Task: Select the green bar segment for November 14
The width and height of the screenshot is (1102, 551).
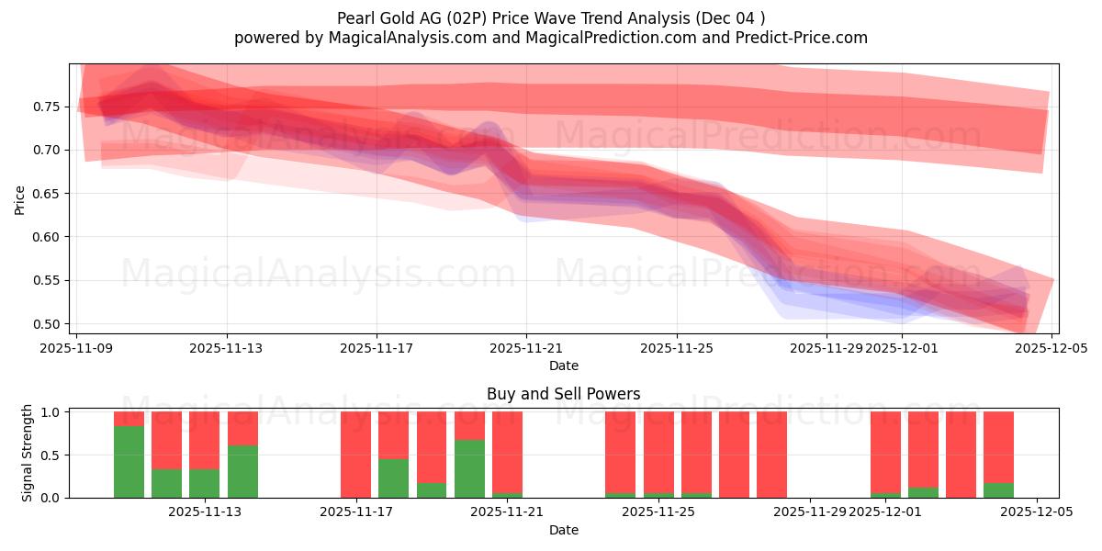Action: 242,471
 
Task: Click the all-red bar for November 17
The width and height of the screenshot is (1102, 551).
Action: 355,455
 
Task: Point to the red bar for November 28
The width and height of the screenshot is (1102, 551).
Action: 771,455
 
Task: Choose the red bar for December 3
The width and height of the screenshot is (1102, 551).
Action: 961,455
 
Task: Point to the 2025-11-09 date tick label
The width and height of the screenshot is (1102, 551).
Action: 77,349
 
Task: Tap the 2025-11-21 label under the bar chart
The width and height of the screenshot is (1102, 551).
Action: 507,512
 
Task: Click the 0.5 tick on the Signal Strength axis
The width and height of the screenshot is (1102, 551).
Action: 51,455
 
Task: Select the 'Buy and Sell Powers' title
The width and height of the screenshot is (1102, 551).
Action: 564,394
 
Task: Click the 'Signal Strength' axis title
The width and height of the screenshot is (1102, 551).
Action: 28,453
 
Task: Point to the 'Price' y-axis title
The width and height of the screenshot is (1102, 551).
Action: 20,198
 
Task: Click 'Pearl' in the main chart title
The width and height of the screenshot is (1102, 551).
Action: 355,17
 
